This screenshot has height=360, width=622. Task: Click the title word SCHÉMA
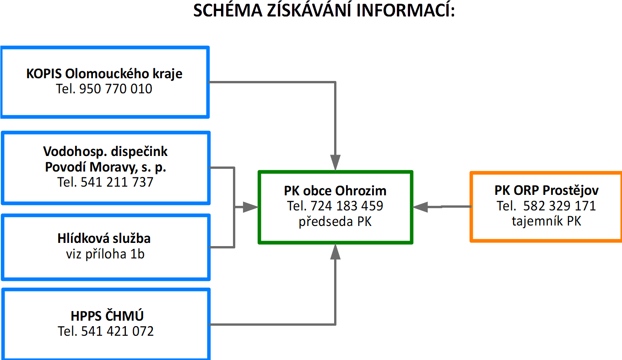pyautogui.click(x=227, y=11)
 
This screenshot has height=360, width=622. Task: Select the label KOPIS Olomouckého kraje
pyautogui.click(x=104, y=74)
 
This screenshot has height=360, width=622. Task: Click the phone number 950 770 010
pyautogui.click(x=116, y=89)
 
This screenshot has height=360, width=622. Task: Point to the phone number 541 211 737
pyautogui.click(x=117, y=182)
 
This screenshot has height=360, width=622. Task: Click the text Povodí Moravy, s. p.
pyautogui.click(x=106, y=167)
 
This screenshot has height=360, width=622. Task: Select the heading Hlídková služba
pyautogui.click(x=104, y=238)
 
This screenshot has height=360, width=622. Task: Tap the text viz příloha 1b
pyautogui.click(x=105, y=254)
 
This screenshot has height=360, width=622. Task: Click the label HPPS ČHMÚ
pyautogui.click(x=107, y=316)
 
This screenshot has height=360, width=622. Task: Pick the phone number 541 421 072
pyautogui.click(x=117, y=331)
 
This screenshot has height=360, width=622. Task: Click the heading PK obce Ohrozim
pyautogui.click(x=335, y=191)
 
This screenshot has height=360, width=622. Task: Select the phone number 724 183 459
pyautogui.click(x=347, y=206)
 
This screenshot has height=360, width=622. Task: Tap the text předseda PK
pyautogui.click(x=335, y=221)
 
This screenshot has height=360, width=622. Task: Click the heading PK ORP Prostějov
pyautogui.click(x=546, y=190)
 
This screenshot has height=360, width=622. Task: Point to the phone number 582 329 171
pyautogui.click(x=559, y=206)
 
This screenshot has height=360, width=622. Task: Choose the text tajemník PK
pyautogui.click(x=546, y=221)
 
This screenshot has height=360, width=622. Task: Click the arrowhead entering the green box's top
pyautogui.click(x=335, y=162)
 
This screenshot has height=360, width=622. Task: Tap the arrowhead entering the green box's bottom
pyautogui.click(x=335, y=252)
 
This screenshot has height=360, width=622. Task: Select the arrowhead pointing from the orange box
pyautogui.click(x=420, y=207)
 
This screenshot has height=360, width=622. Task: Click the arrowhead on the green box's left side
pyautogui.click(x=251, y=207)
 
